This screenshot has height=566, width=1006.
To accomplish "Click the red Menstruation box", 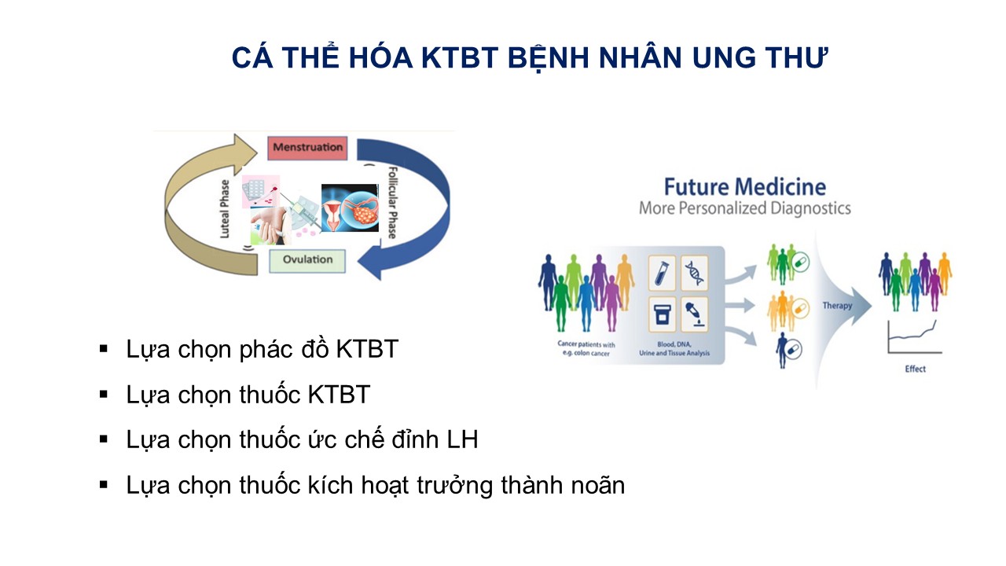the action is [307, 148].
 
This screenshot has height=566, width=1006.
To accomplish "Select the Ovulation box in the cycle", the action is [307, 261].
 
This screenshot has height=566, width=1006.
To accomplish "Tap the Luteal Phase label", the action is [225, 209].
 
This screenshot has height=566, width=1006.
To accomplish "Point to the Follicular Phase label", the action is [392, 203].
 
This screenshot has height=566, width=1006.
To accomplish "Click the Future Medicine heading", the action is [744, 187].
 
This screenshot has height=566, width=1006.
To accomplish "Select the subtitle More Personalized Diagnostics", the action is [744, 208].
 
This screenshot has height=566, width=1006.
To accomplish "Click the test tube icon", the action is [662, 273].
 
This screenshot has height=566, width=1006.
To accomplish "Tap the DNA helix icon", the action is [694, 273].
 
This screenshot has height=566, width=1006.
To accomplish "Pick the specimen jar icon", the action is [662, 314].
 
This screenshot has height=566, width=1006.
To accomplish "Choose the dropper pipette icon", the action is [694, 314].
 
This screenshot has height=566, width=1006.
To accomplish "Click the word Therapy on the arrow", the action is [837, 306].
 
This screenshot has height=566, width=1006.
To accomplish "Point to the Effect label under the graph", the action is [916, 369].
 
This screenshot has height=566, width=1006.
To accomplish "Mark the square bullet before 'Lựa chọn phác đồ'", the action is [104, 348].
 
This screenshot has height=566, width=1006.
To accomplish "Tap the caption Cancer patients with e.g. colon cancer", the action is [586, 348].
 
